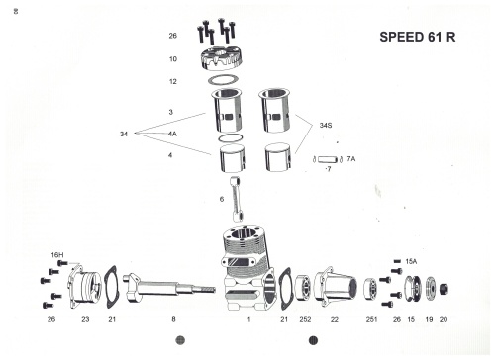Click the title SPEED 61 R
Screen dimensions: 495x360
[418, 37]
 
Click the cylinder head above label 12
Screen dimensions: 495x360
[221, 59]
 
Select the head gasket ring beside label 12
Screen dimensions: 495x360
[223, 80]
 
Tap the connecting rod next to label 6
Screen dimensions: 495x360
[238, 200]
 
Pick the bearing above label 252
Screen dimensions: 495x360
[302, 287]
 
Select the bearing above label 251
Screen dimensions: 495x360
[371, 289]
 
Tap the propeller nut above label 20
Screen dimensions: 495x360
[445, 289]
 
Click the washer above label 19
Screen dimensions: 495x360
[430, 289]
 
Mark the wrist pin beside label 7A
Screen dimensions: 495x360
[328, 159]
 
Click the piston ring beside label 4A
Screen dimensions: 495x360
[231, 137]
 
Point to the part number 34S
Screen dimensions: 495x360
[326, 126]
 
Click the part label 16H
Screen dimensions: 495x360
[57, 255]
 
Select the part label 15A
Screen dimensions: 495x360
[411, 261]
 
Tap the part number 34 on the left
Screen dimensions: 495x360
[124, 134]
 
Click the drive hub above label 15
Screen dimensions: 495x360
[413, 288]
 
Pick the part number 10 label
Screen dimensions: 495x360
[173, 59]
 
